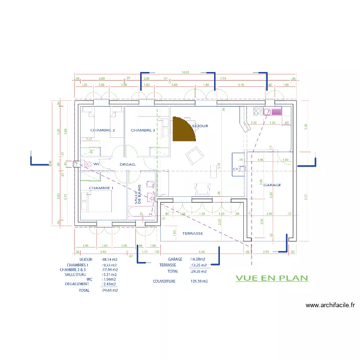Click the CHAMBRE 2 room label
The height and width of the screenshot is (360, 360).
pyautogui.click(x=103, y=130)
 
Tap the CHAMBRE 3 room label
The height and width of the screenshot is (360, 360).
pyautogui.click(x=143, y=130)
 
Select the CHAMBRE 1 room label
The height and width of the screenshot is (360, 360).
pyautogui.click(x=101, y=188)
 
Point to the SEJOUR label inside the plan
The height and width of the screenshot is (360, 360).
pyautogui.click(x=200, y=126)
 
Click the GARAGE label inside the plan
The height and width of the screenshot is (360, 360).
pyautogui.click(x=272, y=185)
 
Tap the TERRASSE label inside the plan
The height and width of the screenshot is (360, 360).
pyautogui.click(x=192, y=233)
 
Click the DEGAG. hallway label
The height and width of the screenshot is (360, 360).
pyautogui.click(x=128, y=164)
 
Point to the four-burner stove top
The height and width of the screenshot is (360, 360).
pyautogui.click(x=259, y=111)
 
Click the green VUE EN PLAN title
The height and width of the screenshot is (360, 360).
pyautogui.click(x=272, y=278)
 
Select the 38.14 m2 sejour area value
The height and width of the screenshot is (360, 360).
pyautogui.click(x=109, y=259)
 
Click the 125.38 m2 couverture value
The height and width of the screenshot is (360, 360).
pyautogui.click(x=199, y=281)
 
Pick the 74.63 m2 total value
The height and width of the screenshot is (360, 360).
pyautogui.click(x=110, y=290)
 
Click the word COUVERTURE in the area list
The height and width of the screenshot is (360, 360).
pyautogui.click(x=164, y=281)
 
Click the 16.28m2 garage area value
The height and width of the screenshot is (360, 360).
pyautogui.click(x=199, y=259)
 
